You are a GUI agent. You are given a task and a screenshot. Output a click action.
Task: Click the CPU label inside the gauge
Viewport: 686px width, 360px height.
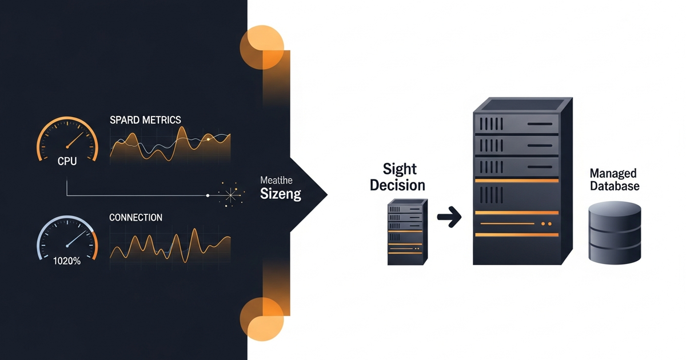67,161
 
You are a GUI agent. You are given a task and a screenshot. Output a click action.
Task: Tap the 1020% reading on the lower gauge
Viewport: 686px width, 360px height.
67,261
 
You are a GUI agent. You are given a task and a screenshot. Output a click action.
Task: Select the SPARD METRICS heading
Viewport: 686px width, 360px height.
145,119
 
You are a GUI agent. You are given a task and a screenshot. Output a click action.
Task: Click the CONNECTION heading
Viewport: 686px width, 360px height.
135,217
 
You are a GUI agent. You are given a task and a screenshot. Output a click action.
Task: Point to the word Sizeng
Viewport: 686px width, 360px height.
281,194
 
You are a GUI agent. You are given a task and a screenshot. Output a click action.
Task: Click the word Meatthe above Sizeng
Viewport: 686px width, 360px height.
276,180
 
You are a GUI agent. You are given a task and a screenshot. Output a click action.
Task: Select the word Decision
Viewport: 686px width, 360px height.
397,185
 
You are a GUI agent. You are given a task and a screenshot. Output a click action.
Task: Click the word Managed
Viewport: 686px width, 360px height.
613,174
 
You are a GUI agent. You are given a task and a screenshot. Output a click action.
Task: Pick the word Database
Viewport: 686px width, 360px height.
615,186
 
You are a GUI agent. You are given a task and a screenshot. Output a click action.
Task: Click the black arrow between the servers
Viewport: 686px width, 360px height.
449,217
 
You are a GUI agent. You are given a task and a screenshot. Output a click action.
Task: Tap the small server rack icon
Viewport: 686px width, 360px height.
407,232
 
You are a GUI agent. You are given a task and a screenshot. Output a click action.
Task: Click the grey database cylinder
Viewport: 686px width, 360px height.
615,233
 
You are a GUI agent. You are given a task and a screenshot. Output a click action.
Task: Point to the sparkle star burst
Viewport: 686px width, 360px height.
230,195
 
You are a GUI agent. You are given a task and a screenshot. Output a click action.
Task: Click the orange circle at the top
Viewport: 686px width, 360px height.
262,47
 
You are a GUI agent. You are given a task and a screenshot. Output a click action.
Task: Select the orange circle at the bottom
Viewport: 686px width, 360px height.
262,319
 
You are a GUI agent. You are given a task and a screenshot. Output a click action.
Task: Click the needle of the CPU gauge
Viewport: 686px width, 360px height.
75,140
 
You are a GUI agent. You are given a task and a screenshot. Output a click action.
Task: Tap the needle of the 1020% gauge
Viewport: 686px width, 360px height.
76,238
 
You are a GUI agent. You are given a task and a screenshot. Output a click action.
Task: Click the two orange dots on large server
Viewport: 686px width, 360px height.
547,224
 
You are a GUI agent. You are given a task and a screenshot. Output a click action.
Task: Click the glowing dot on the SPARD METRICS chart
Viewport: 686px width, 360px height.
208,139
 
